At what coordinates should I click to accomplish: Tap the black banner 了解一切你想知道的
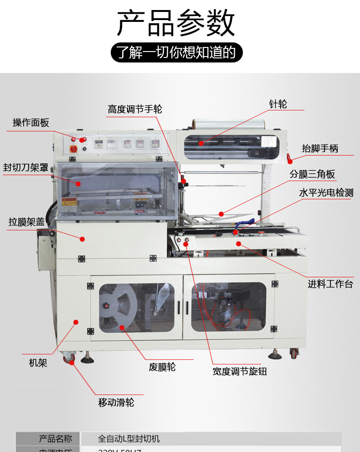click(x=176, y=53)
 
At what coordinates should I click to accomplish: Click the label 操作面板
click(x=31, y=122)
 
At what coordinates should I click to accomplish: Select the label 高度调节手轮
click(x=135, y=109)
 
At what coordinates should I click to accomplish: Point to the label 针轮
click(x=278, y=104)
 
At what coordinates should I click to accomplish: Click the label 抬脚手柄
click(x=320, y=148)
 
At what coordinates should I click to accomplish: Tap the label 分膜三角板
click(x=312, y=174)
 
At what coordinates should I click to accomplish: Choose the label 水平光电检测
click(x=326, y=192)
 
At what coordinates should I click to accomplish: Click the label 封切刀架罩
click(x=26, y=167)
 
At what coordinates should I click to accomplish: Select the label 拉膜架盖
click(x=26, y=222)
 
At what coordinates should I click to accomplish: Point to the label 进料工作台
click(x=330, y=284)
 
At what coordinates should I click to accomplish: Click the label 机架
click(x=38, y=363)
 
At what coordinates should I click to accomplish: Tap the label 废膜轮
click(x=162, y=367)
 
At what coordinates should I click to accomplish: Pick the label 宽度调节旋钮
click(x=239, y=371)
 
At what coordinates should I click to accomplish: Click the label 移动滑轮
click(x=116, y=402)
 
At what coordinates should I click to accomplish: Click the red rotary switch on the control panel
click(x=72, y=149)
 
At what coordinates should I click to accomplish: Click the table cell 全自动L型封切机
click(x=129, y=439)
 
